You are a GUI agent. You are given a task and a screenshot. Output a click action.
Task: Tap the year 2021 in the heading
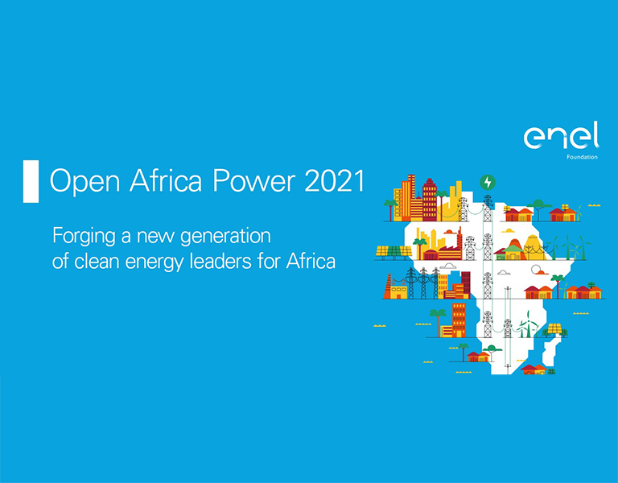click(335, 180)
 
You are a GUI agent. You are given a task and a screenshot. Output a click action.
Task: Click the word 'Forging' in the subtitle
click(84, 237)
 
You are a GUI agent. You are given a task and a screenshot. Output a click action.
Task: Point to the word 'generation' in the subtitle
click(225, 237)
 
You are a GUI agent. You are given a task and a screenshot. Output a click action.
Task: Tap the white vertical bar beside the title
click(31, 181)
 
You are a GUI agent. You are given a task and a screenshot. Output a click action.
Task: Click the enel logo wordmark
click(561, 135)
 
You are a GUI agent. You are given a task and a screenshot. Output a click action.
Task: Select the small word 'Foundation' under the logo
click(582, 157)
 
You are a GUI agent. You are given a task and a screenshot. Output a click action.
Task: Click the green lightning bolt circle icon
click(488, 183)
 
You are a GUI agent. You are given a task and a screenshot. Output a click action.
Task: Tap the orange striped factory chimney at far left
click(388, 287)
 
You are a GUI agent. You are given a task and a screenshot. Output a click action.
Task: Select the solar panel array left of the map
click(393, 251)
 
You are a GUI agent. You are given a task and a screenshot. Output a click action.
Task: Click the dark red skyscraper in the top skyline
click(429, 199)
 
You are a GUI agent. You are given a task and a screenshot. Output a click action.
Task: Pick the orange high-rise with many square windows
click(459, 320)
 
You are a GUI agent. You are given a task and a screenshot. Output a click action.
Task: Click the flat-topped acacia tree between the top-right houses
click(538, 208)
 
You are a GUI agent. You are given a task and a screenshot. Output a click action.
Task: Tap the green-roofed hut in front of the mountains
click(513, 252)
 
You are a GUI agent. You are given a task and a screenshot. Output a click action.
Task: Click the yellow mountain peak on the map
click(533, 246)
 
